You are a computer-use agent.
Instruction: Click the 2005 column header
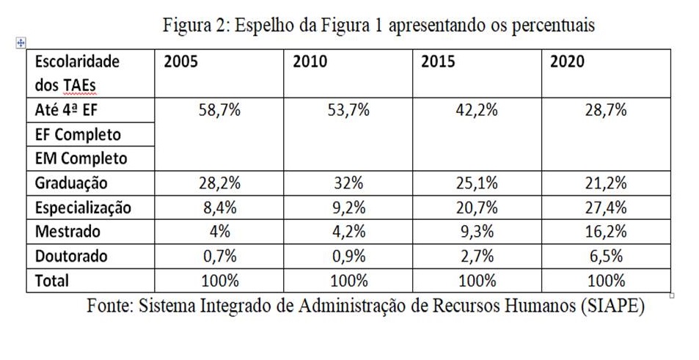click(x=180, y=62)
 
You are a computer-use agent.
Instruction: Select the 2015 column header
click(x=438, y=62)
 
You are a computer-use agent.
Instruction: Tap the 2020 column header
click(x=567, y=62)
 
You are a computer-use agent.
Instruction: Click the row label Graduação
click(x=70, y=183)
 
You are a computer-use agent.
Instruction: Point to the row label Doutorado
click(x=71, y=256)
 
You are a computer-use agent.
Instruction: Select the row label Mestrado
click(x=67, y=232)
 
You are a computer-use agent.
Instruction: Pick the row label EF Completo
click(x=77, y=135)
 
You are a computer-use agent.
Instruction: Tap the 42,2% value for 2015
click(x=477, y=111)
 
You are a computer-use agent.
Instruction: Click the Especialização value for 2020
click(x=606, y=207)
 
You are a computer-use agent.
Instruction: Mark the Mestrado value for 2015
click(x=477, y=232)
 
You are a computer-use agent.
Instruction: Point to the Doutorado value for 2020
click(x=606, y=256)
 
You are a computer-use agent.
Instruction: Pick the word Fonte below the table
click(x=109, y=306)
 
